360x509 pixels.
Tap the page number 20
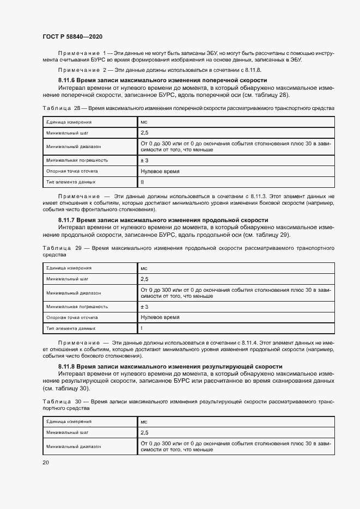[x=45, y=462]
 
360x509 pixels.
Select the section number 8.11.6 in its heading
[x=70, y=81]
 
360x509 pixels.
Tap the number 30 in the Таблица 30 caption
[x=79, y=401]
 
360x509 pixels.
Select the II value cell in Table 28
[x=142, y=182]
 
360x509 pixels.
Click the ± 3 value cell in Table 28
[x=144, y=161]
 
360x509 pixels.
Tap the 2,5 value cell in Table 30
[x=144, y=433]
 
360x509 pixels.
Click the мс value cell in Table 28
[x=144, y=122]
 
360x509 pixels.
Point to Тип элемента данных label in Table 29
[x=71, y=328]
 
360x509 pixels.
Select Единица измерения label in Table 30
[x=69, y=422]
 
